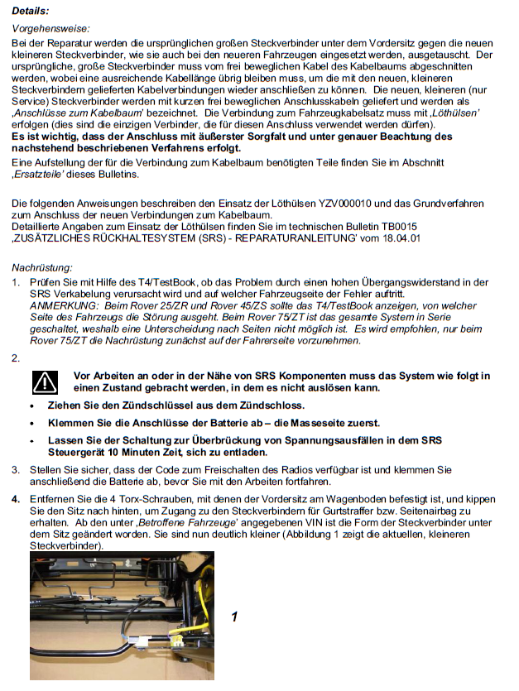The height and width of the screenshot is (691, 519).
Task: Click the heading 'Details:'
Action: click(30, 11)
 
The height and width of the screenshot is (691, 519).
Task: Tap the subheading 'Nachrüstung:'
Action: click(42, 267)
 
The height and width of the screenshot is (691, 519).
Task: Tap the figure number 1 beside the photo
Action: click(235, 617)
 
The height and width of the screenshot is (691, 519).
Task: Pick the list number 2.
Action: click(16, 358)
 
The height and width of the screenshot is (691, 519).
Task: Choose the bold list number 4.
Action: click(16, 500)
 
